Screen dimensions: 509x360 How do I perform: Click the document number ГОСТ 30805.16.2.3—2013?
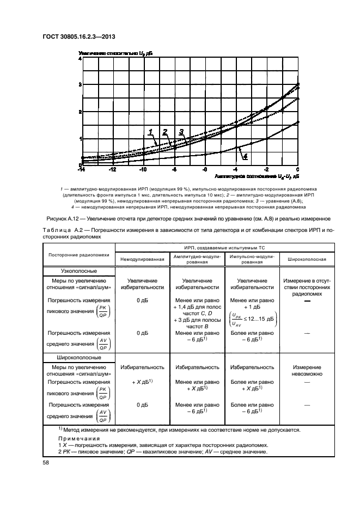78,37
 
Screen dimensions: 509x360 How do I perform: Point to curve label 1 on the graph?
150,131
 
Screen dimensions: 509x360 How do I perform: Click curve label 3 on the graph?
181,131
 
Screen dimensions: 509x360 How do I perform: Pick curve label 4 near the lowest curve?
246,156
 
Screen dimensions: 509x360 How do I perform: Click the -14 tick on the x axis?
81,170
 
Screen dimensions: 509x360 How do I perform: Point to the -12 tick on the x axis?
112,170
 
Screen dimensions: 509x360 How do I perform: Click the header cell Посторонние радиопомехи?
79,255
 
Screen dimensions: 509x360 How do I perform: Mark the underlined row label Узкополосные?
79,271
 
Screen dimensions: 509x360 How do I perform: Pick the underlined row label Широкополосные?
79,357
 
